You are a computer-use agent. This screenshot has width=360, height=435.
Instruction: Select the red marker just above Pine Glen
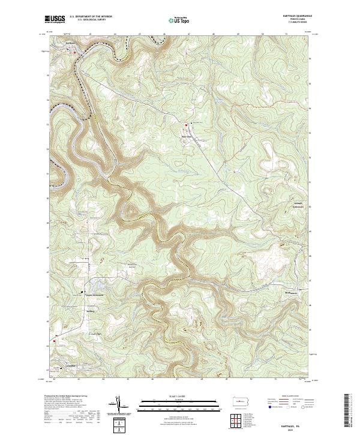[x=185, y=125]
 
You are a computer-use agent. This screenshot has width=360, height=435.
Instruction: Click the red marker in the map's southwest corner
[x=55, y=343]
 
